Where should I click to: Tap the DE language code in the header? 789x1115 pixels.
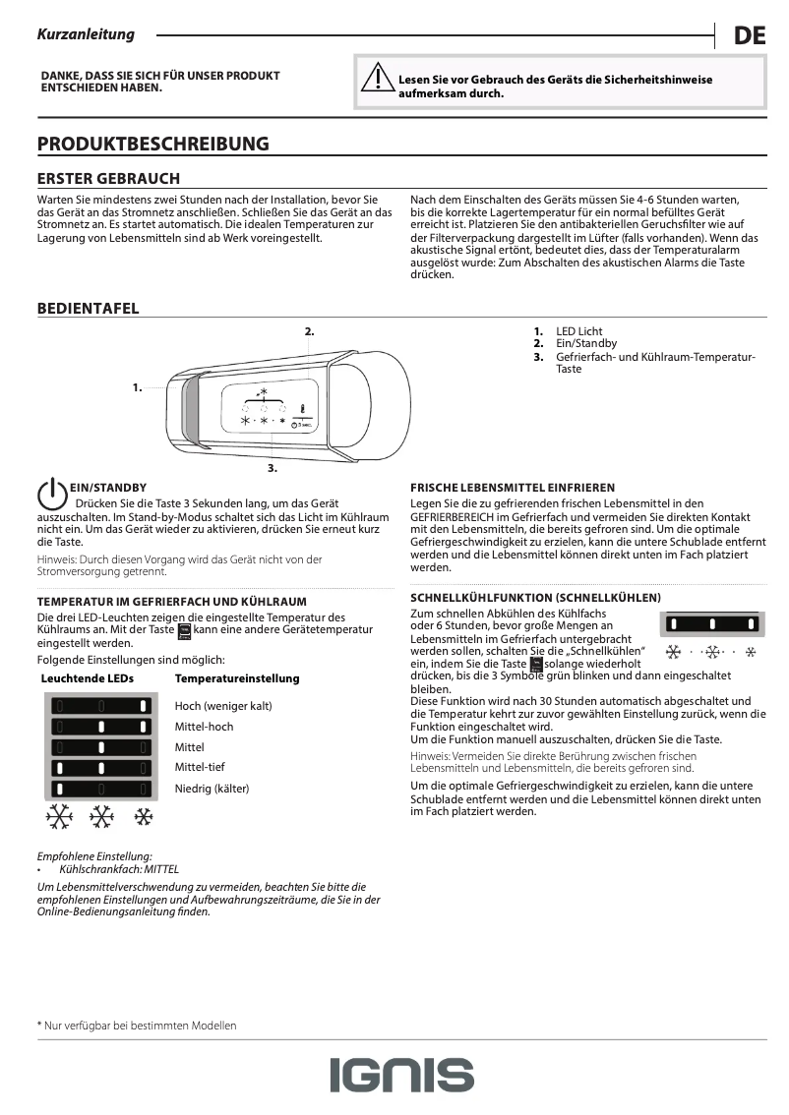749,36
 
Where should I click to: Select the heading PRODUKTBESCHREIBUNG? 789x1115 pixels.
152,144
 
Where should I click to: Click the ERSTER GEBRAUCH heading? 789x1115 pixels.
108,179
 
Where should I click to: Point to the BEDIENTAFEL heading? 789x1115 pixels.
88,309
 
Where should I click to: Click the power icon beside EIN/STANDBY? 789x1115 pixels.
51,496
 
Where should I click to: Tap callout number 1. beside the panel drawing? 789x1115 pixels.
138,388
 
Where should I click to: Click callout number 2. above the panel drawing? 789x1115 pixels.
309,331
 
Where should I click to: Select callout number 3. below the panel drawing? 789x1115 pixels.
273,467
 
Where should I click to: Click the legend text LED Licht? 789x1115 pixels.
579,331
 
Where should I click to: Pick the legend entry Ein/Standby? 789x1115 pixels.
586,343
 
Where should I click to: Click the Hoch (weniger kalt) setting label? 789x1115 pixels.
223,706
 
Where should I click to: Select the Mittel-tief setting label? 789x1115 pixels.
200,767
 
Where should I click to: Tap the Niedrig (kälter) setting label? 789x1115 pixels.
212,788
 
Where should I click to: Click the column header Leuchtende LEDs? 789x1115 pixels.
87,678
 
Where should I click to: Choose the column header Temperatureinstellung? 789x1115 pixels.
237,678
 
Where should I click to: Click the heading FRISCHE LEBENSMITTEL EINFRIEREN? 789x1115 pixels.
513,488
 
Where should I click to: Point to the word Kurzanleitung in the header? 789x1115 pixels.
86,34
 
